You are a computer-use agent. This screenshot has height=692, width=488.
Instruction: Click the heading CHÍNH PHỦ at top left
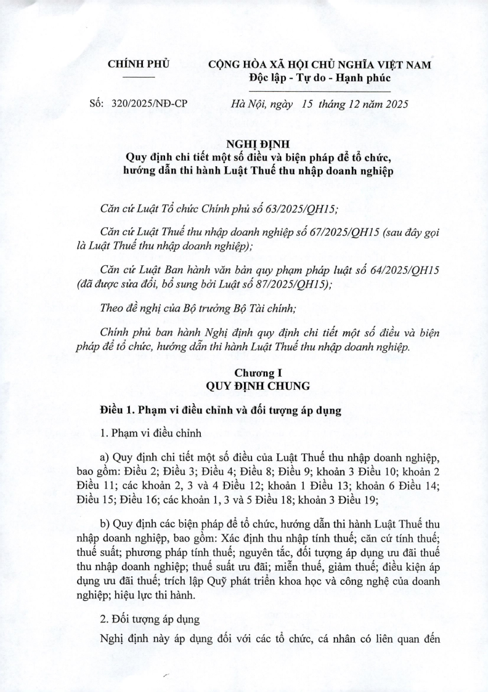(139, 63)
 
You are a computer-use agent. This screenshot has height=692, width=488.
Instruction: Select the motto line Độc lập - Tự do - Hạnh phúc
(320, 78)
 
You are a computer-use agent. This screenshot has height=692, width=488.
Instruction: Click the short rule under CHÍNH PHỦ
(139, 76)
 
